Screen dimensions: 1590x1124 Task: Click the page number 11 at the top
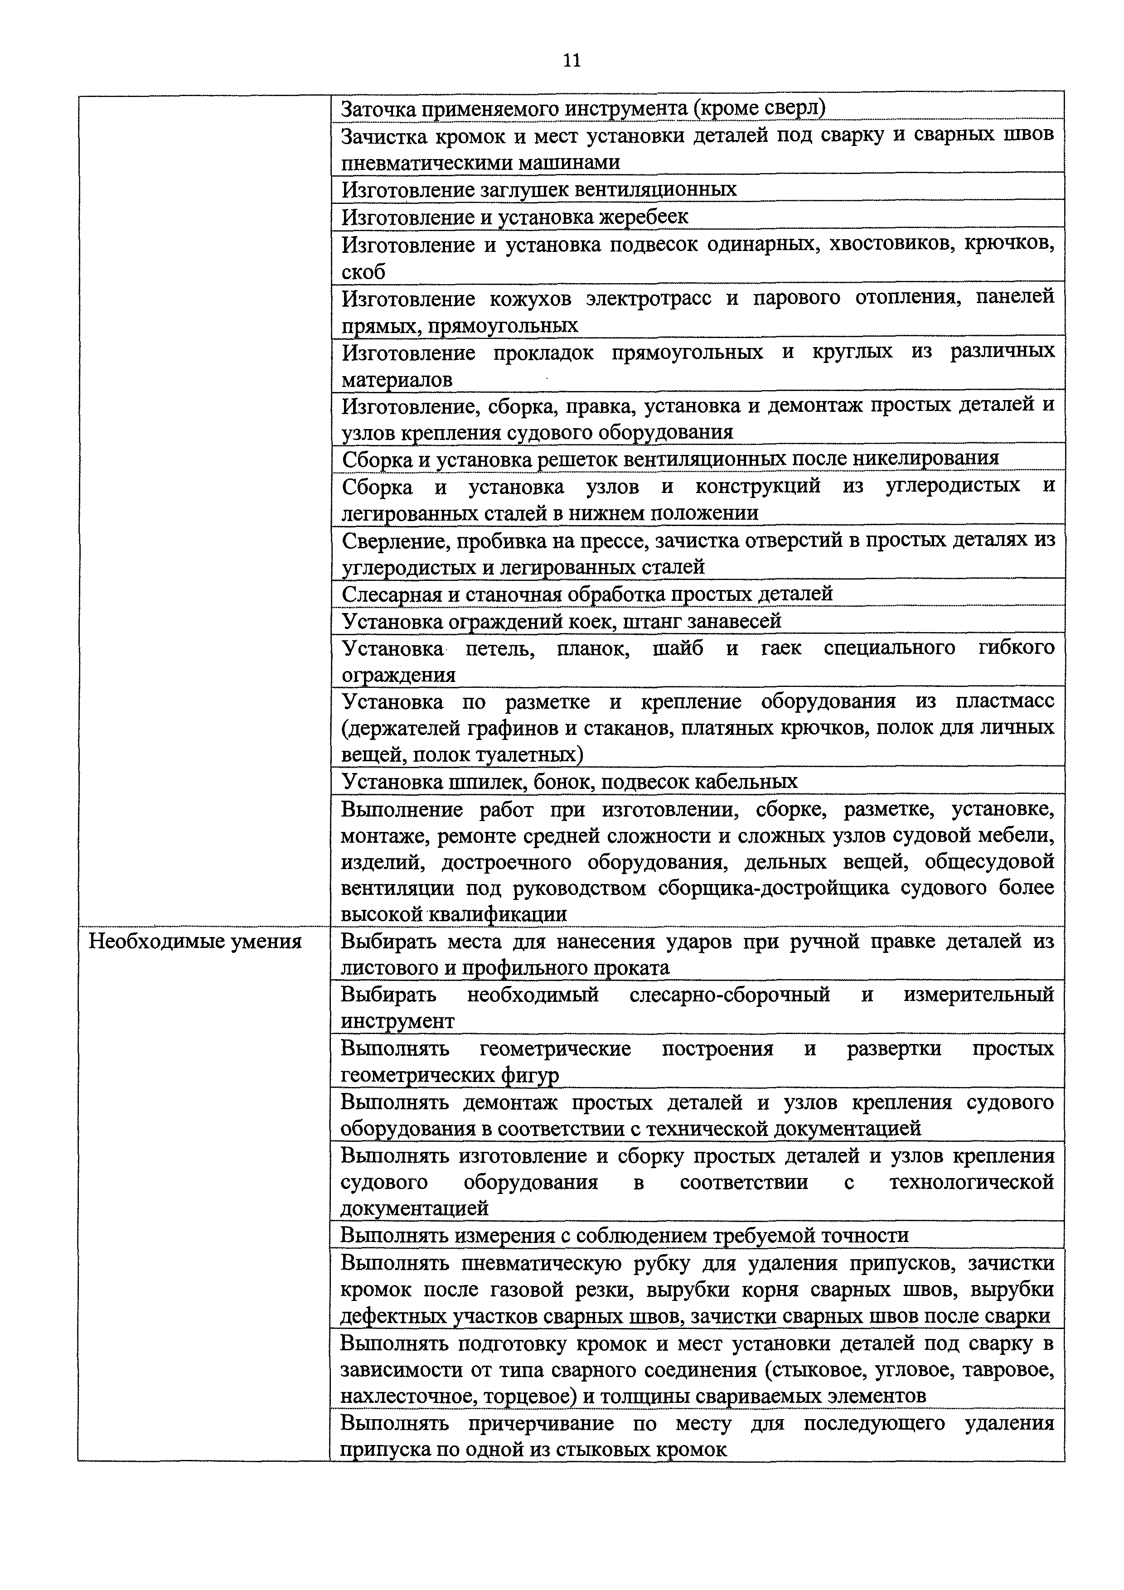tap(572, 61)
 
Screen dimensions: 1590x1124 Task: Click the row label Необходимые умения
tap(196, 941)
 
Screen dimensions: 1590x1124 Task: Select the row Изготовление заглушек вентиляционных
tap(539, 189)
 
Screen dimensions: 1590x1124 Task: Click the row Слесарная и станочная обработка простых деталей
tap(587, 594)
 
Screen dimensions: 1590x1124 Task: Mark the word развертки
tap(894, 1049)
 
